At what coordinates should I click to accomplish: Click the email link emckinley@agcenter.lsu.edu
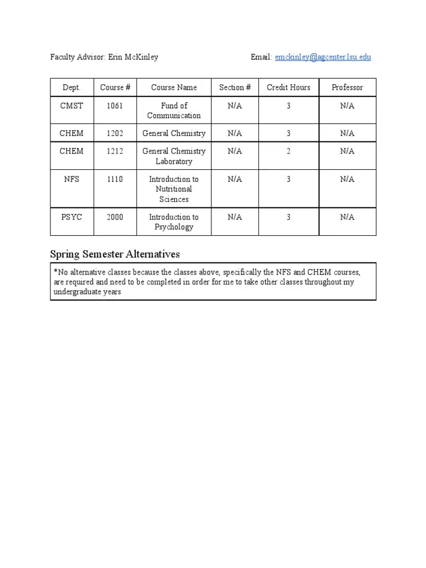(323, 57)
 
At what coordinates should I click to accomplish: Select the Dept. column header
(72, 88)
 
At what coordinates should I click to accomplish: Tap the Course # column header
(115, 88)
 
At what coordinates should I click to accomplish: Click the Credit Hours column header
(288, 88)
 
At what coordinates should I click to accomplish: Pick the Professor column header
(347, 88)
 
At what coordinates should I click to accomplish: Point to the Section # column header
(235, 88)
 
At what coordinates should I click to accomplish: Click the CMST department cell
(72, 105)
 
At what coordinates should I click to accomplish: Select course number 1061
(115, 105)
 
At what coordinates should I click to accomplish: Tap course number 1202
(115, 133)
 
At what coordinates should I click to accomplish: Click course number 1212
(115, 151)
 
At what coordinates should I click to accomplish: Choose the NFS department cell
(72, 179)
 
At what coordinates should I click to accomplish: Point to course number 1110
(115, 179)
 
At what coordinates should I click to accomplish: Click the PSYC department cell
(72, 217)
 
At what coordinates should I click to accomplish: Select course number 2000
(115, 217)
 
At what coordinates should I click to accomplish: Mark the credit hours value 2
(288, 151)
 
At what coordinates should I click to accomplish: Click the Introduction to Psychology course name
(174, 222)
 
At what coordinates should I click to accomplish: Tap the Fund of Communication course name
(174, 110)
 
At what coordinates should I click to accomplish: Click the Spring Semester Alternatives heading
(115, 254)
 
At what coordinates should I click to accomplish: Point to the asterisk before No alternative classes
(56, 271)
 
